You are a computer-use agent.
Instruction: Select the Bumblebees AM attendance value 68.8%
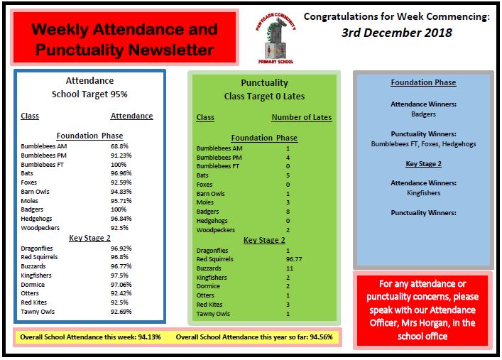[x=119, y=146]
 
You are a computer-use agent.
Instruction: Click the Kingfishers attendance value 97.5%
[x=120, y=275]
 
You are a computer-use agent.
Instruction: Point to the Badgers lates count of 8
[x=288, y=211]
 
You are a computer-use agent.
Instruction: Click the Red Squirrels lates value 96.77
[x=291, y=260]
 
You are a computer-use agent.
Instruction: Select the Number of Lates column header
[x=301, y=118]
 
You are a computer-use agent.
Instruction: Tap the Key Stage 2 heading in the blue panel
[x=423, y=163]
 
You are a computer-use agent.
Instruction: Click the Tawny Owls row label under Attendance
[x=38, y=311]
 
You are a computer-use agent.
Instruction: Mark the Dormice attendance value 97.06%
[x=121, y=284]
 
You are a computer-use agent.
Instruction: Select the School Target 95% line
[x=89, y=94]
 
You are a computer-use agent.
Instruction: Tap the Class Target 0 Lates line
[x=264, y=96]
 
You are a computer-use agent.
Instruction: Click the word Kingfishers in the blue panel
[x=423, y=192]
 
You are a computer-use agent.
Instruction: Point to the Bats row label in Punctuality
[x=202, y=175]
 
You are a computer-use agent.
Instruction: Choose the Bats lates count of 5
[x=288, y=175]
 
